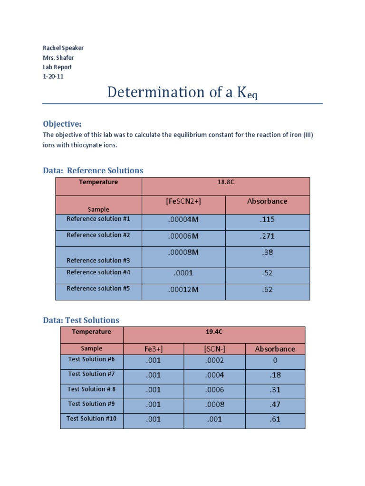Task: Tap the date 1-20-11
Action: pyautogui.click(x=53, y=76)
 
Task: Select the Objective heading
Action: pyautogui.click(x=62, y=124)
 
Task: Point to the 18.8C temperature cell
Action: pyautogui.click(x=226, y=182)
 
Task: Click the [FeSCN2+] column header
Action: pyautogui.click(x=183, y=201)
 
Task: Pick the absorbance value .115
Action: pyautogui.click(x=268, y=220)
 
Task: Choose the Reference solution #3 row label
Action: pyautogui.click(x=98, y=260)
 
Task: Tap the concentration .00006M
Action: pyautogui.click(x=183, y=236)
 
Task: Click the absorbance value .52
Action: pyautogui.click(x=268, y=273)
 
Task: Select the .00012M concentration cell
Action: pyautogui.click(x=183, y=290)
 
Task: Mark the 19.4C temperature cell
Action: pyautogui.click(x=214, y=332)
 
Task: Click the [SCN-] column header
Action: pyautogui.click(x=214, y=349)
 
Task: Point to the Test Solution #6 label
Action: pyautogui.click(x=92, y=359)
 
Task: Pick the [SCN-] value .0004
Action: pyautogui.click(x=214, y=375)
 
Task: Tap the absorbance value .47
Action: pyautogui.click(x=275, y=404)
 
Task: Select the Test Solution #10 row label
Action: pyautogui.click(x=92, y=419)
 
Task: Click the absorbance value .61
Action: pyautogui.click(x=275, y=419)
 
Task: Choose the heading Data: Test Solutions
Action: pyautogui.click(x=81, y=320)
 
